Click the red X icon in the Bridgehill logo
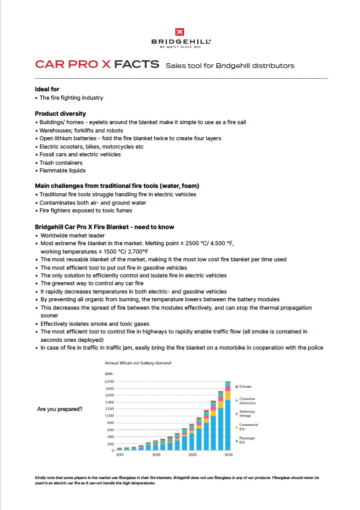[180, 32]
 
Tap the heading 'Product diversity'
[60, 113]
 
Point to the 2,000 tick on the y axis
[108, 381]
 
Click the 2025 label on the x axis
[193, 455]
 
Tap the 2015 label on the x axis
[120, 455]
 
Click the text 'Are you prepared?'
[60, 409]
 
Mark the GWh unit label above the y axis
[108, 375]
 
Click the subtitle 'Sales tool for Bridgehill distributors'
[229, 65]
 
